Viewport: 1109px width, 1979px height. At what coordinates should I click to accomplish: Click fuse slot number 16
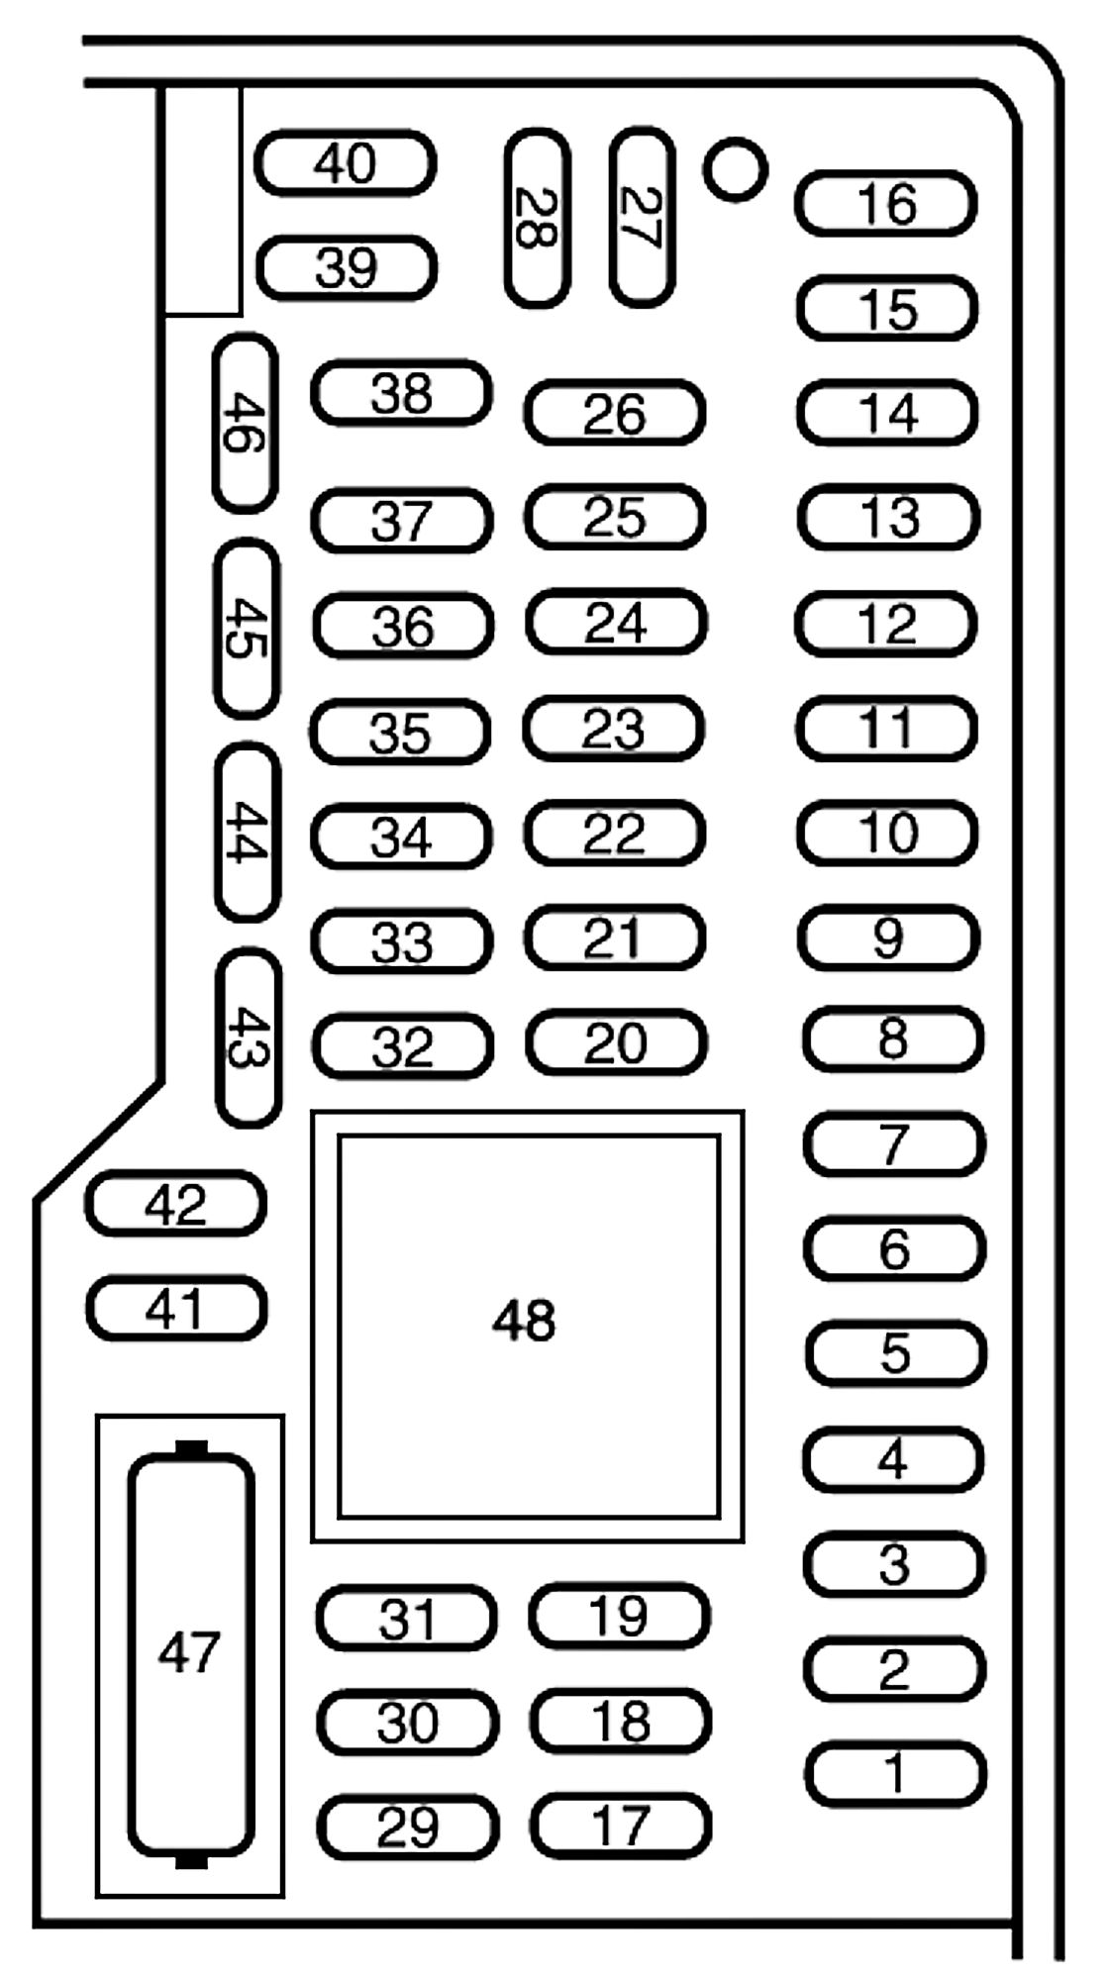tap(886, 204)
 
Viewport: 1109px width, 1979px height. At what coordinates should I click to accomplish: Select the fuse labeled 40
tap(346, 163)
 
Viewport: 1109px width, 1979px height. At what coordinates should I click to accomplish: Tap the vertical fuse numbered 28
tap(538, 218)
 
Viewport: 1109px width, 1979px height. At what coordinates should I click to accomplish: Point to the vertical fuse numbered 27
tap(643, 217)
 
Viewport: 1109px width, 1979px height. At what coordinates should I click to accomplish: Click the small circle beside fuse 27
tap(735, 169)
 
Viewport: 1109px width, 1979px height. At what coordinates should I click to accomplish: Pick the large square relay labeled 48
tap(528, 1326)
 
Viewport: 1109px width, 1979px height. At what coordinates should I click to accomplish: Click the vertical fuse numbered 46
tap(246, 423)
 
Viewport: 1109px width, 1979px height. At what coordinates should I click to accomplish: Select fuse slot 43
tap(249, 1037)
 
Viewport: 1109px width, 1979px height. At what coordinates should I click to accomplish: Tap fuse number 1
tap(895, 1773)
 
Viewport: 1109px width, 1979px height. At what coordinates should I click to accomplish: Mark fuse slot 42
tap(176, 1204)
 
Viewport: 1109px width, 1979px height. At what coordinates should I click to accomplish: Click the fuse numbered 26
tap(615, 413)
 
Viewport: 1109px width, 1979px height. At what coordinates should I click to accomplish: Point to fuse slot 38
tap(402, 393)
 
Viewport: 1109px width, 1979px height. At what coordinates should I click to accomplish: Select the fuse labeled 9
tap(888, 937)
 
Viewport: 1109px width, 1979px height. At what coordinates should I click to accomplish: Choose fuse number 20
tap(616, 1042)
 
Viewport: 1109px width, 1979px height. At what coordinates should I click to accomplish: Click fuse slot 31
tap(407, 1619)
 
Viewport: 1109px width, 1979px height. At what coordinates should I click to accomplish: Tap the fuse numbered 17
tap(621, 1826)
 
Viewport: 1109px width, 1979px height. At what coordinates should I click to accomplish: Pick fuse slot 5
tap(895, 1353)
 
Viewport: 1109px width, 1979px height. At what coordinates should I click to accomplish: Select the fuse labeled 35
tap(400, 733)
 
